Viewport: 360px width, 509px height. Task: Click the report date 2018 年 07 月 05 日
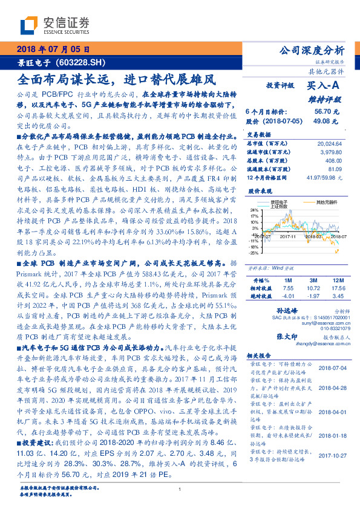(x=53, y=49)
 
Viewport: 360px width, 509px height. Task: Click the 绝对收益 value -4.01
(x=287, y=296)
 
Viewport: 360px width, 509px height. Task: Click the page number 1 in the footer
(x=180, y=489)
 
